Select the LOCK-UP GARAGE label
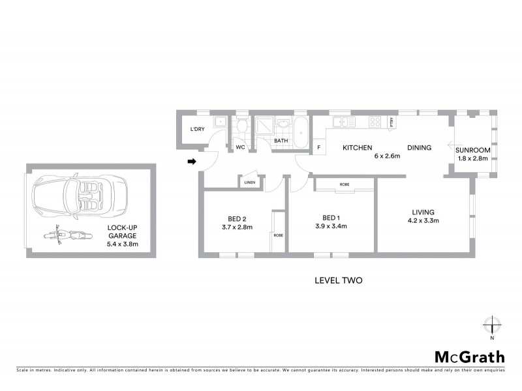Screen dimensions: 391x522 pos(123,232)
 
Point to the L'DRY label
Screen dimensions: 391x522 pos(197,129)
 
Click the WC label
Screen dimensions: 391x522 pos(240,147)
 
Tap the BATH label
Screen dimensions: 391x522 pos(281,141)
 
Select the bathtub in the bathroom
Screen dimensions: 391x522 pos(301,133)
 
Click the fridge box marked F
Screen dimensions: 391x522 pos(318,147)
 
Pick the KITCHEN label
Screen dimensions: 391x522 pos(358,148)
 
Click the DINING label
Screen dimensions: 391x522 pos(419,148)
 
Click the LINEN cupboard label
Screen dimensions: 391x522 pos(250,182)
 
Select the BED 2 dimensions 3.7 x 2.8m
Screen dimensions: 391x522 pos(237,227)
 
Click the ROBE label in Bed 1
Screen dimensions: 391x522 pos(344,185)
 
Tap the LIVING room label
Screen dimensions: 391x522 pos(423,212)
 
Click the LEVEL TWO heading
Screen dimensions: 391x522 pos(338,281)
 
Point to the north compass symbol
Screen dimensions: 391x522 pos(492,326)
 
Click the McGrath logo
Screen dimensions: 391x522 pos(470,356)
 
